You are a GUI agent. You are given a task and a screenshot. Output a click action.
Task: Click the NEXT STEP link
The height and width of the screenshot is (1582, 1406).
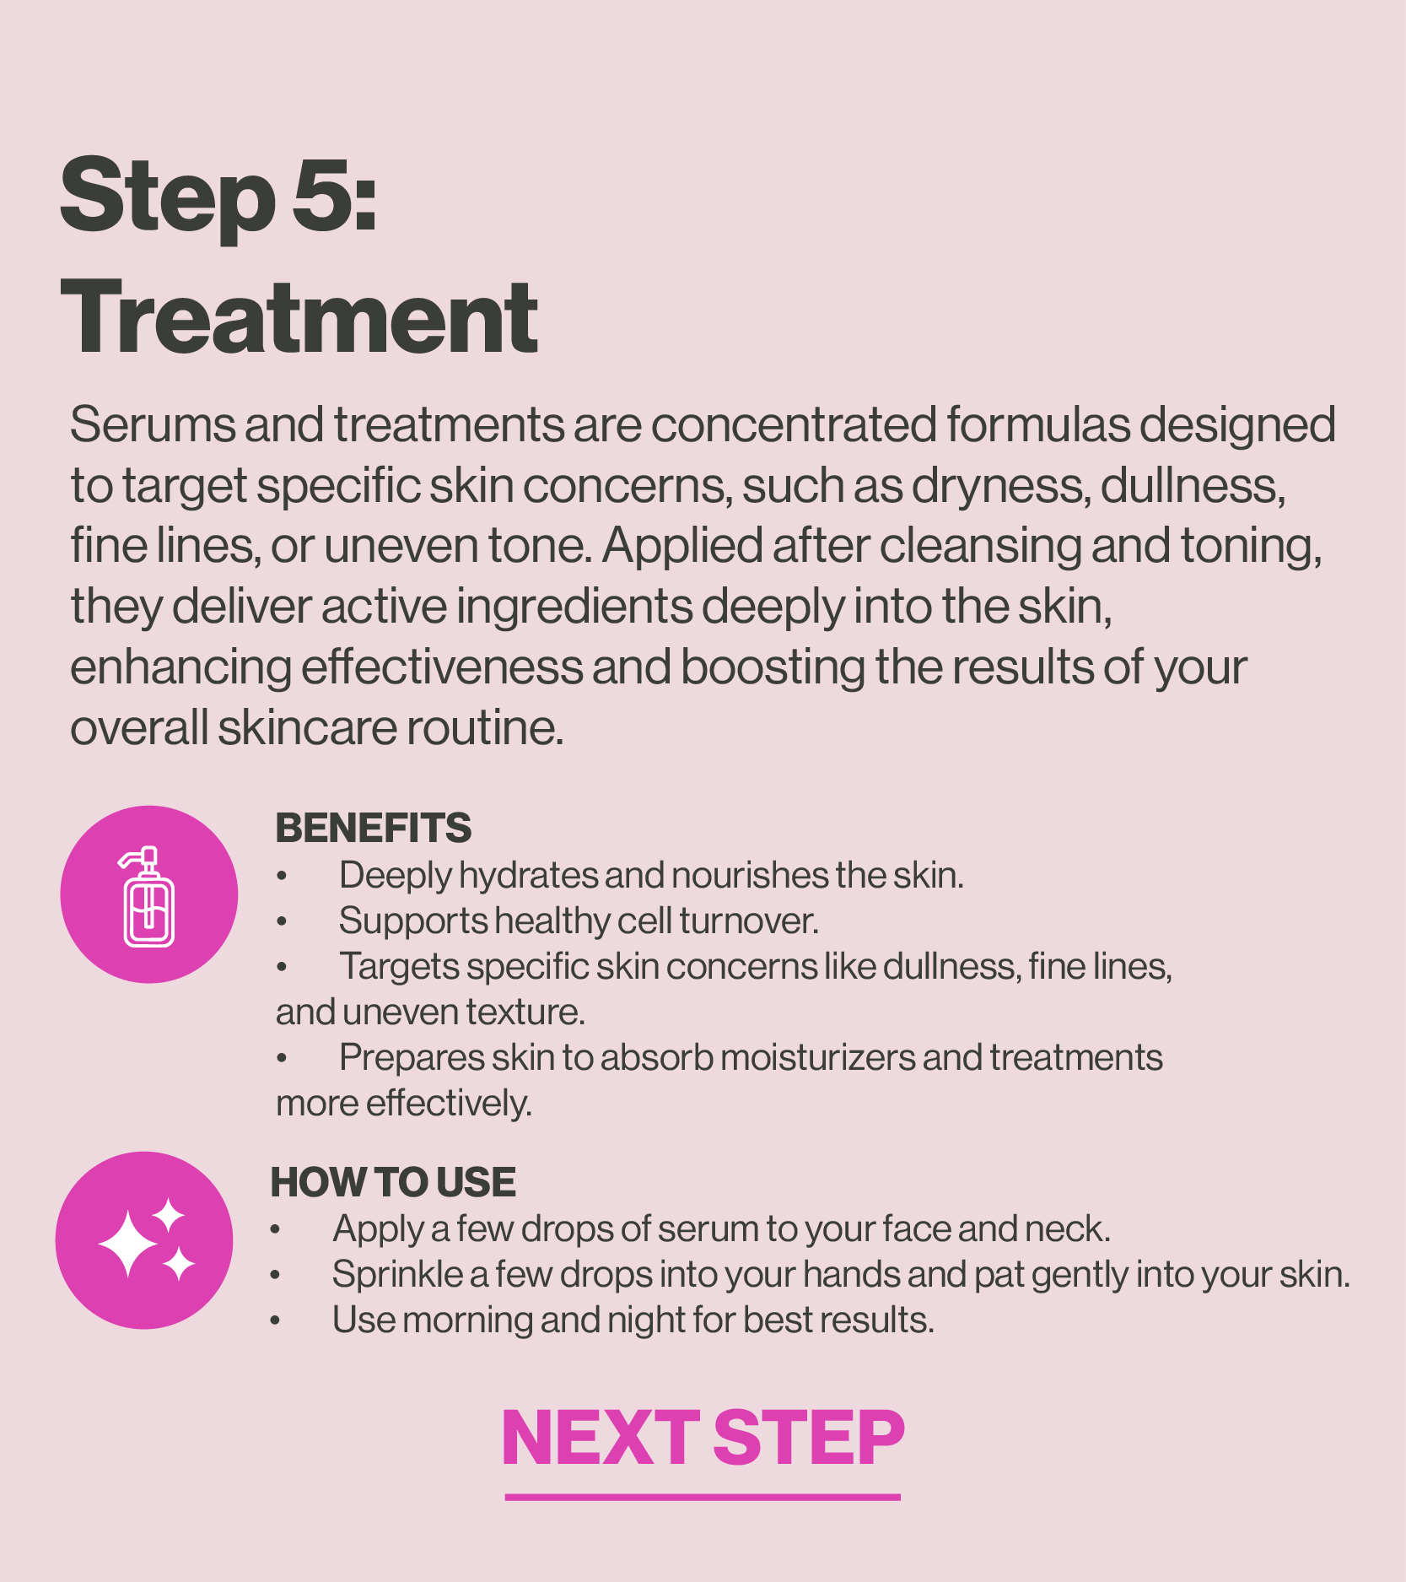tap(703, 1438)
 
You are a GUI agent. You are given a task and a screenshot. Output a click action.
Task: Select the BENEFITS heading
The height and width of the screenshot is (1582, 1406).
tap(374, 828)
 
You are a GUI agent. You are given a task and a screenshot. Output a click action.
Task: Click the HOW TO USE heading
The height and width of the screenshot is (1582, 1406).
tap(393, 1182)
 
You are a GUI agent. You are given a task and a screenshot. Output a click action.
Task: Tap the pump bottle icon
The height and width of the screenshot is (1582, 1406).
tap(148, 896)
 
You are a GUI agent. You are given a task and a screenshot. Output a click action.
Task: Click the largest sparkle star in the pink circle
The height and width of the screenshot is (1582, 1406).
tap(127, 1244)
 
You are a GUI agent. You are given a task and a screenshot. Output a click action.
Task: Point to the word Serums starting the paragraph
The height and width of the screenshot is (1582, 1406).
tap(153, 424)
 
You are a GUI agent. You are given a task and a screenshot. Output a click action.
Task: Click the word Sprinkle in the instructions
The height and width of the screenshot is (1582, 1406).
tap(397, 1275)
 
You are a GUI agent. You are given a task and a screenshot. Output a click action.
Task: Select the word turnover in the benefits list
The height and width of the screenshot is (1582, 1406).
tap(749, 921)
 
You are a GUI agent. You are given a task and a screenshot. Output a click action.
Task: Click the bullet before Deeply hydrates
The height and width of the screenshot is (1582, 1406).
tap(282, 877)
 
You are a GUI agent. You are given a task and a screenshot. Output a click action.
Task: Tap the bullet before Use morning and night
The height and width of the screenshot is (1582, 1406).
tap(275, 1321)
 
